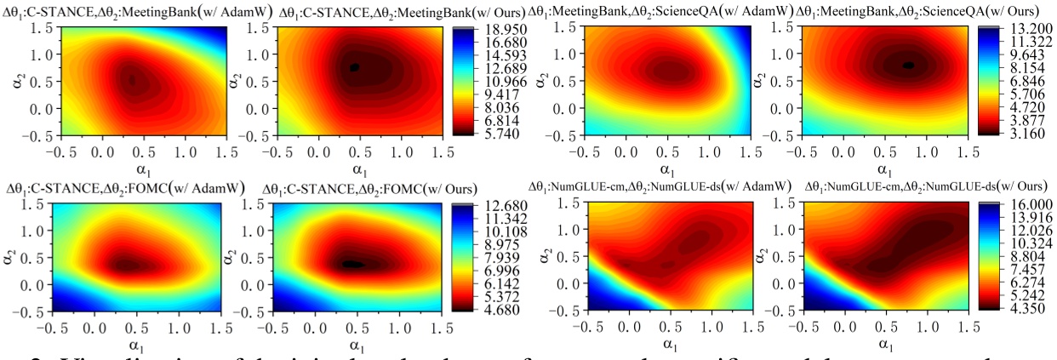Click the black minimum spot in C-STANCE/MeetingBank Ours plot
(x=355, y=67)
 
